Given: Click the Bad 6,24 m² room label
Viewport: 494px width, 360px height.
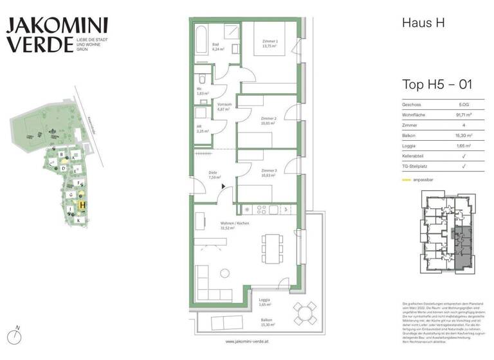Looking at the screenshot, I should [x=217, y=46].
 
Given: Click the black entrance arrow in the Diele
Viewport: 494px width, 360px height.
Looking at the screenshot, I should [x=223, y=186].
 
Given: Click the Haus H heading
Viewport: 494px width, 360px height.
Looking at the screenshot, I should [x=423, y=24].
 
